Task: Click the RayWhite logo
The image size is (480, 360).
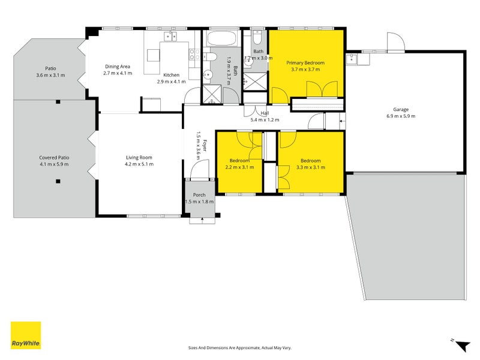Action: click(x=26, y=335)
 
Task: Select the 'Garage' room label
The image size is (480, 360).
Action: click(x=401, y=110)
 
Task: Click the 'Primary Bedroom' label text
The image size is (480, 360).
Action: click(x=305, y=63)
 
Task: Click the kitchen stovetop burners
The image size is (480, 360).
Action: click(x=194, y=55)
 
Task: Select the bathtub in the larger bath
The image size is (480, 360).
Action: click(x=223, y=40)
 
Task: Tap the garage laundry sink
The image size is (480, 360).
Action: click(x=352, y=59)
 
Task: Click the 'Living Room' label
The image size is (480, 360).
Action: click(x=139, y=157)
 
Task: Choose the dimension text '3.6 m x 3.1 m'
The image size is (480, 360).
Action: click(x=50, y=75)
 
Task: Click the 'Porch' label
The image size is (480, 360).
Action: click(x=199, y=195)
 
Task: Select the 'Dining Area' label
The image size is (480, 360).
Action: click(x=118, y=67)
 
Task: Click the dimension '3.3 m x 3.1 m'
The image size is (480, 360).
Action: click(x=310, y=167)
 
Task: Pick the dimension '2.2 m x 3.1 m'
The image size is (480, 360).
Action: click(x=239, y=167)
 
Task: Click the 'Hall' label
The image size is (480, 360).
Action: click(x=264, y=113)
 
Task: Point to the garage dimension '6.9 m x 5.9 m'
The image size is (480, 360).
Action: click(x=401, y=116)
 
